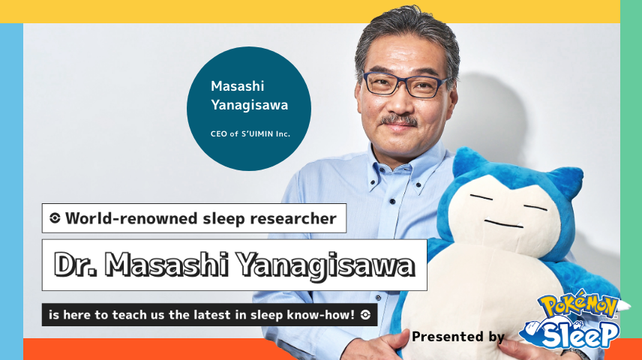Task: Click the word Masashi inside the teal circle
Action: [x=238, y=86]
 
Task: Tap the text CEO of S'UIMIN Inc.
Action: [x=250, y=134]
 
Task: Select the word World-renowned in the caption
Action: [x=131, y=218]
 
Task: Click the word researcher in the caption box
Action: [x=293, y=219]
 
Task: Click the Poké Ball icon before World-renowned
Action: [x=55, y=218]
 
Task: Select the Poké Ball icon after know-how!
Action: [x=366, y=314]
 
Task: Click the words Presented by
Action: [x=458, y=337]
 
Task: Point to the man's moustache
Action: [x=399, y=120]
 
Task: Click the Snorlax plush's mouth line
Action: [x=503, y=223]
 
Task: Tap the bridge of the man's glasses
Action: [x=403, y=82]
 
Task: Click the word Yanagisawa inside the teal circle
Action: [x=249, y=105]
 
